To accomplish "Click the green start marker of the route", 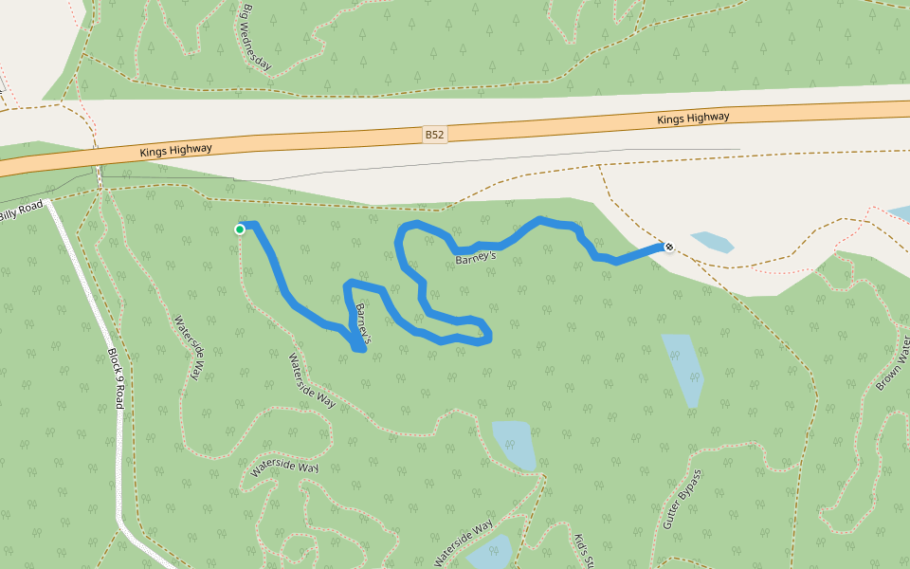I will (x=240, y=229).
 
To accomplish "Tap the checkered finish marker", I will (x=669, y=248).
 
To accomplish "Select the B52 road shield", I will (x=434, y=135).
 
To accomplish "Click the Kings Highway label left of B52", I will (x=175, y=150).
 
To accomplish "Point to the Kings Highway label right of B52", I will (x=693, y=118).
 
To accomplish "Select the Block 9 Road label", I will (x=116, y=376).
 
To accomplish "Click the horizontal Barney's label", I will (x=476, y=258).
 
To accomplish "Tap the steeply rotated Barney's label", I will (x=360, y=323).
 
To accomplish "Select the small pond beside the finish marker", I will (x=712, y=242).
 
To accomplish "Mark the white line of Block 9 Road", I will (x=121, y=474).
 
